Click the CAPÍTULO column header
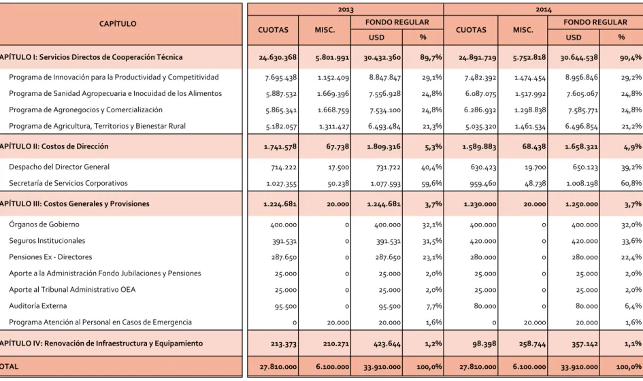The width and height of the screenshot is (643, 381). pyautogui.click(x=118, y=24)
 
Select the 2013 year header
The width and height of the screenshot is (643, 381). pyautogui.click(x=346, y=10)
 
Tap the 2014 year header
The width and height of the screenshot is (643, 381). pyautogui.click(x=544, y=10)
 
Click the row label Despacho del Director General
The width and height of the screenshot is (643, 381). pyautogui.click(x=59, y=167)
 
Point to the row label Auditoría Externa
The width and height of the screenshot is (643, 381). pyautogui.click(x=37, y=306)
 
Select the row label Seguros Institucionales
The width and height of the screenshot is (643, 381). pyautogui.click(x=47, y=241)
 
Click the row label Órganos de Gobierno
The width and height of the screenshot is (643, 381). pyautogui.click(x=44, y=225)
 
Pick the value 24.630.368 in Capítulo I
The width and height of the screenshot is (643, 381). pyautogui.click(x=278, y=57)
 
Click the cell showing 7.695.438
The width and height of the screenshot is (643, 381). pyautogui.click(x=281, y=78)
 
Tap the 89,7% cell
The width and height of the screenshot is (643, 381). pyautogui.click(x=431, y=57)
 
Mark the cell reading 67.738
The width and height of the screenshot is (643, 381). pyautogui.click(x=338, y=147)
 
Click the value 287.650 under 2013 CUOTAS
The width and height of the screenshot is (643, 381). pyautogui.click(x=284, y=258)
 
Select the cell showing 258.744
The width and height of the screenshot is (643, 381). pyautogui.click(x=532, y=344)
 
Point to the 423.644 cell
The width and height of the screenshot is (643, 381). pyautogui.click(x=387, y=344)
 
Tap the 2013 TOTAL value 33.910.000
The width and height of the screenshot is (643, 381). pyautogui.click(x=382, y=367)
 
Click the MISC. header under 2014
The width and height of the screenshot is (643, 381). pyautogui.click(x=523, y=30)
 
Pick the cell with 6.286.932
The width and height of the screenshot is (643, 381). pyautogui.click(x=480, y=110)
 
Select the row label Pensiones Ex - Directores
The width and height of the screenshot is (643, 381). pyautogui.click(x=50, y=257)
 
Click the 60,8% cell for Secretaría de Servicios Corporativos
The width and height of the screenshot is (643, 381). pyautogui.click(x=631, y=183)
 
